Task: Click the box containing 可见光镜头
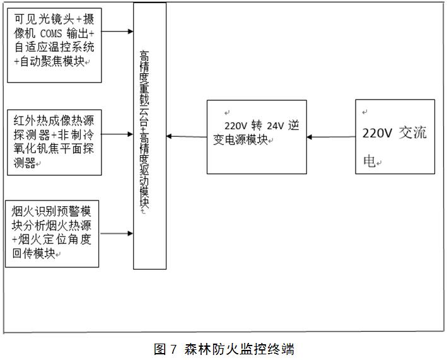[x=54, y=44]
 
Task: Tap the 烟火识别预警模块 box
[x=52, y=233]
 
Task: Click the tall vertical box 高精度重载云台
[x=149, y=136]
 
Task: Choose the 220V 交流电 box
[x=395, y=136]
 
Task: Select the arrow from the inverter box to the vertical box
[x=187, y=136]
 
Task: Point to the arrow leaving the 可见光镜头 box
[x=117, y=30]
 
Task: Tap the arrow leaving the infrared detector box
[x=117, y=134]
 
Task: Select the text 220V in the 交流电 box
[x=378, y=134]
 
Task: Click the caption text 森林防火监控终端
[x=239, y=349]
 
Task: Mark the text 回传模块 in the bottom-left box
[x=32, y=253]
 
